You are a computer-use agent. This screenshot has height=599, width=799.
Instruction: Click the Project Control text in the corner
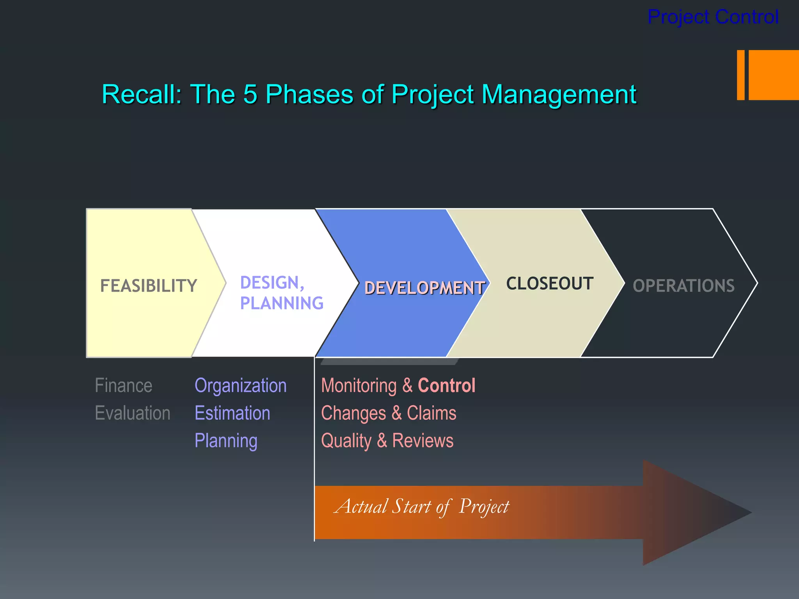pos(713,17)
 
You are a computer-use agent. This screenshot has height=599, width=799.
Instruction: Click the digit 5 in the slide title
pos(250,94)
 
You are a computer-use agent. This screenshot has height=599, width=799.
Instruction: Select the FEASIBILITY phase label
pos(149,286)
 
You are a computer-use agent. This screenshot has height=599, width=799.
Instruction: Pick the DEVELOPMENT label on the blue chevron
pos(424,288)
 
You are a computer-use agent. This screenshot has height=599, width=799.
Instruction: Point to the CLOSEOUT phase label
pos(549,284)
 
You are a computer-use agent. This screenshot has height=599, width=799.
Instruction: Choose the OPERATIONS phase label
pos(684,286)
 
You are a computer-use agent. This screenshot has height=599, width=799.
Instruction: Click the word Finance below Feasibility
pos(123,386)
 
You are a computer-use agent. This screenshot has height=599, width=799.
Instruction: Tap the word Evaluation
pos(133,413)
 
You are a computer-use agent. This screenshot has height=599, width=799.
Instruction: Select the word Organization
pos(240,386)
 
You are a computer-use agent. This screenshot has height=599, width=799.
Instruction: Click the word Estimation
pos(232,413)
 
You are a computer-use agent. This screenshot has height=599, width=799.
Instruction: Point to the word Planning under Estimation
pos(226,441)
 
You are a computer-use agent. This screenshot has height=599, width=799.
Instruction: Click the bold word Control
pos(446,386)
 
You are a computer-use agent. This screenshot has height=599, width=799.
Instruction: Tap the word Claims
pos(431,413)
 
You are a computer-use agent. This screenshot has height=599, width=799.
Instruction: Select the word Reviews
pos(423,441)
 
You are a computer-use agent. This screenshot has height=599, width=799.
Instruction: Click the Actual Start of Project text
pos(421,507)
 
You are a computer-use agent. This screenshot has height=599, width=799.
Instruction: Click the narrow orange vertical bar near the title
pos(740,75)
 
